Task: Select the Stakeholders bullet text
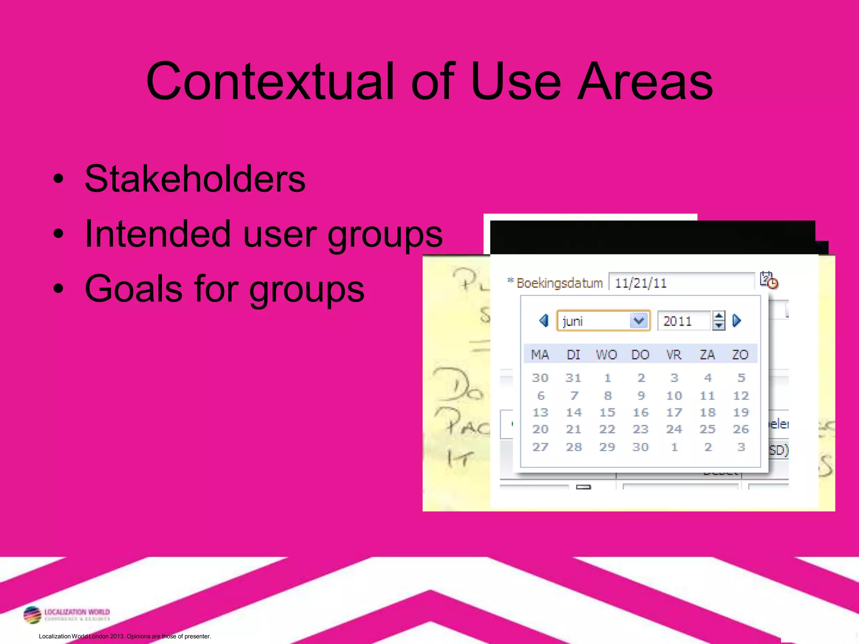[x=195, y=179]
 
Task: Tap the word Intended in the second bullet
[x=158, y=234]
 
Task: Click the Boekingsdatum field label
[x=559, y=283]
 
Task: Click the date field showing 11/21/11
[x=681, y=283]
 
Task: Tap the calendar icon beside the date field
[x=769, y=280]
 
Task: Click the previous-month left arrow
[x=544, y=321]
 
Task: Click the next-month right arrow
[x=737, y=321]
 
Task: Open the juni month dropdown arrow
[x=639, y=321]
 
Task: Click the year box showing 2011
[x=683, y=321]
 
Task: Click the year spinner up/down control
[x=718, y=321]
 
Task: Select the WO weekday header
[x=607, y=355]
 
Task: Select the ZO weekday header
[x=740, y=355]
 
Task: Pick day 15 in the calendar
[x=607, y=413]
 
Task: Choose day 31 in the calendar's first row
[x=573, y=378]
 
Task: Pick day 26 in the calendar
[x=741, y=429]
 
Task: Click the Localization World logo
[x=67, y=615]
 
